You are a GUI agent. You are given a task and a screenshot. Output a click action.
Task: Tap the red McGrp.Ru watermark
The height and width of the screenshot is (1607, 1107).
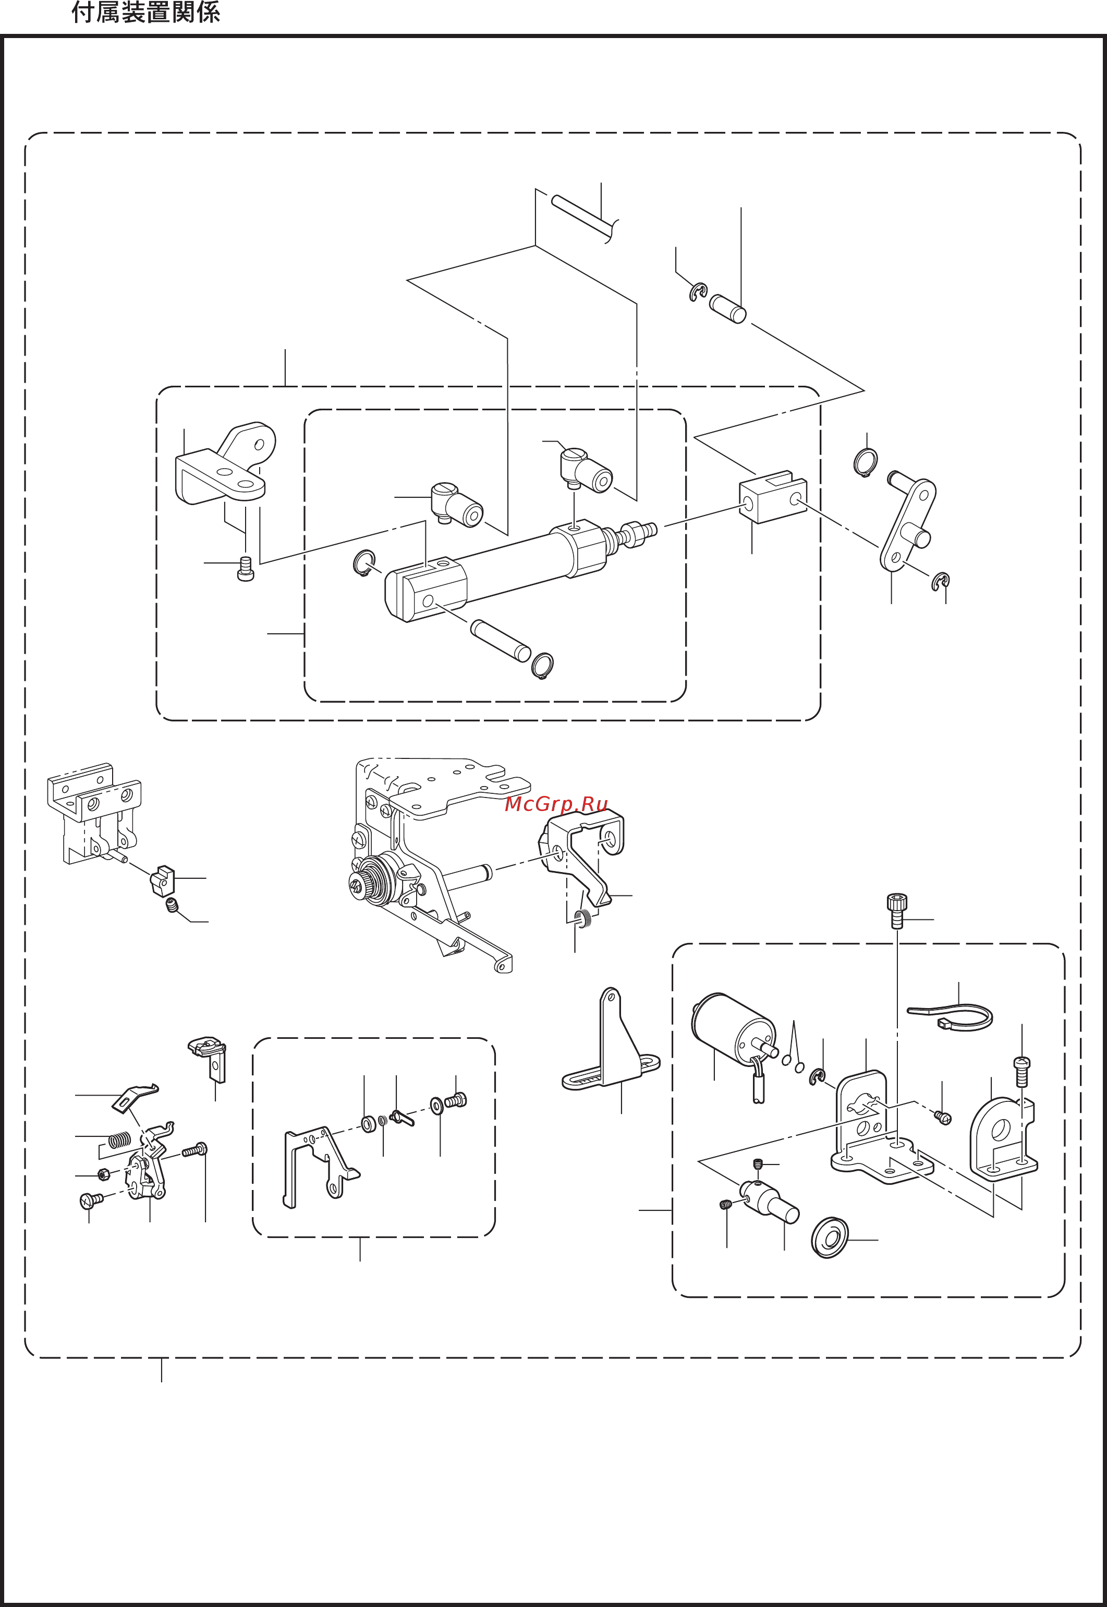556,804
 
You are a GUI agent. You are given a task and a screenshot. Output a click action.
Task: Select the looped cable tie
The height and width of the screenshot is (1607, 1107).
950,1017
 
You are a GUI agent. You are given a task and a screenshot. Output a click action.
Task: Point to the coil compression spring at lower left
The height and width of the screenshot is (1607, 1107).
119,1138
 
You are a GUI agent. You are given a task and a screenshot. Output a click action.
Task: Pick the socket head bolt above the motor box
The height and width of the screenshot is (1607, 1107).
897,910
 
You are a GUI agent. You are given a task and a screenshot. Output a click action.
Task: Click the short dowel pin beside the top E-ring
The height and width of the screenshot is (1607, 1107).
727,309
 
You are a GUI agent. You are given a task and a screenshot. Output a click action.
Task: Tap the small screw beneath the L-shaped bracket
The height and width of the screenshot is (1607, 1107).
246,569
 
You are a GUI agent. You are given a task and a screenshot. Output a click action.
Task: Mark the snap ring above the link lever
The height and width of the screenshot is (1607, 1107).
865,462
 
